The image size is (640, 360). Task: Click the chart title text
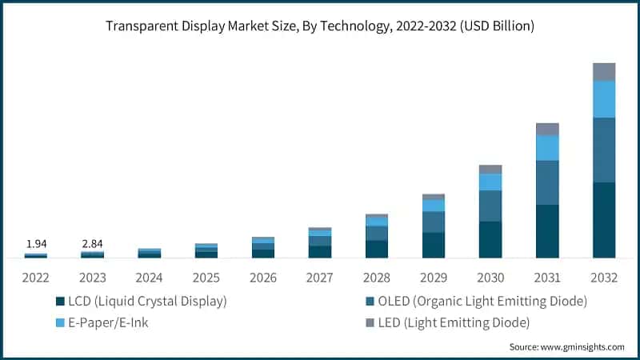coord(320,26)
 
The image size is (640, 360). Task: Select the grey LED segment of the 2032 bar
coord(604,72)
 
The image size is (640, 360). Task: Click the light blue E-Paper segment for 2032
coord(604,99)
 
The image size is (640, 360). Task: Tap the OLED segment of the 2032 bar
coord(604,150)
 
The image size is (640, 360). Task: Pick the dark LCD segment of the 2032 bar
coord(604,220)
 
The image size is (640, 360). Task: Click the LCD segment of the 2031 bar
coord(547,231)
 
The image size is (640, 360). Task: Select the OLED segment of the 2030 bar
coord(490,206)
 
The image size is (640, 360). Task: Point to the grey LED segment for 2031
coord(547,129)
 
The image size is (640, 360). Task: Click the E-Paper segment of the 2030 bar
coord(490,182)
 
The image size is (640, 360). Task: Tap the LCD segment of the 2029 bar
coord(434,245)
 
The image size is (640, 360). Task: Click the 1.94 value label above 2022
coord(35,243)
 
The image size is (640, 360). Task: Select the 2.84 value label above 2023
coord(92,243)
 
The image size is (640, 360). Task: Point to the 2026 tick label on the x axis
coord(263,278)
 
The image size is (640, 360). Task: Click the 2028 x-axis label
coord(377,278)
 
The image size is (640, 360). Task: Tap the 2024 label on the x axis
coord(150,278)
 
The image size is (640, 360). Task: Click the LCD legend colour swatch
coord(60,302)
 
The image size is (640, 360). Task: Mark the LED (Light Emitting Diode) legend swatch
coord(369,323)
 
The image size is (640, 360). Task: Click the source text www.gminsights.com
coord(566,347)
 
